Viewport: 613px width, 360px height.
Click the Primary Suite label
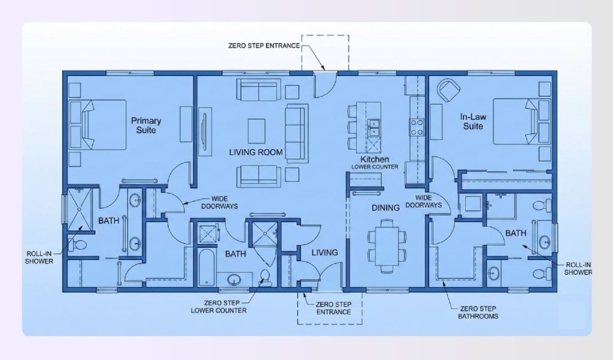point(146,125)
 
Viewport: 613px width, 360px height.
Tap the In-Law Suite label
point(472,122)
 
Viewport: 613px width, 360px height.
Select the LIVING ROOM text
point(256,152)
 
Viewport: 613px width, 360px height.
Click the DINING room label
point(385,208)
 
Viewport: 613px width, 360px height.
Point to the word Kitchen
point(375,160)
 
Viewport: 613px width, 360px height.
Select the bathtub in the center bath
point(204,268)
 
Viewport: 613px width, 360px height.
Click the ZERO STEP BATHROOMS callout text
point(477,311)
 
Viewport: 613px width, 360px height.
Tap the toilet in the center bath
point(263,277)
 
